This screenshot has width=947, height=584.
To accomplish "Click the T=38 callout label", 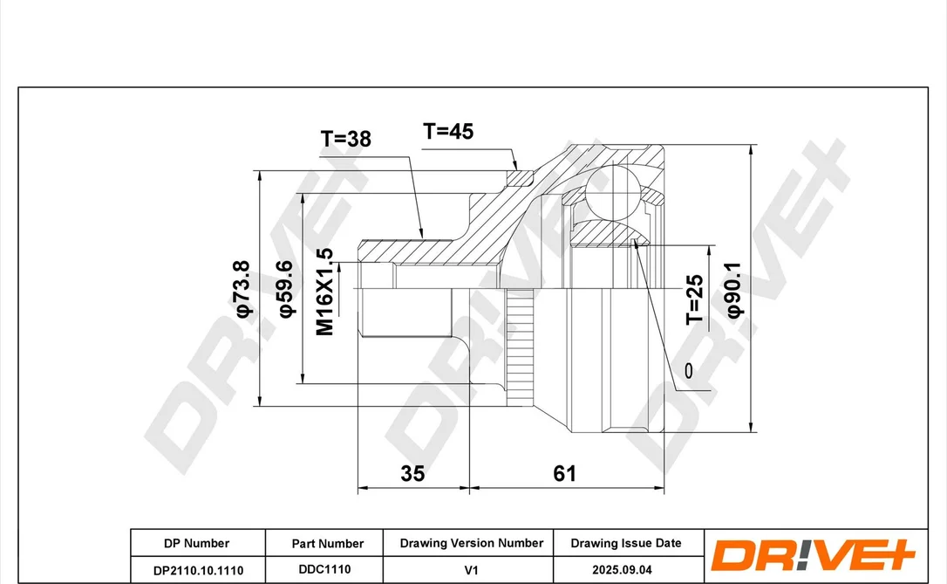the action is [345, 139].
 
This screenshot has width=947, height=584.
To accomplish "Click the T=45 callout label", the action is [448, 131].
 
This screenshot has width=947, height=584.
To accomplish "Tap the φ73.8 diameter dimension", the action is [242, 289].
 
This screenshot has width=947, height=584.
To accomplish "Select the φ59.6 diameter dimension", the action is [286, 289].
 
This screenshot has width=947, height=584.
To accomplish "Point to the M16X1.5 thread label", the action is [325, 292].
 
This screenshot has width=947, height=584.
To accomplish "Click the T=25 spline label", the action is [694, 300].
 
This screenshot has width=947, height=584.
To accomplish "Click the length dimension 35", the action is [412, 473].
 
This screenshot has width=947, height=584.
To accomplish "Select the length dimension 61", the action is [565, 473].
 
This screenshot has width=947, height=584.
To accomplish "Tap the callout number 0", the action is [689, 371].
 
